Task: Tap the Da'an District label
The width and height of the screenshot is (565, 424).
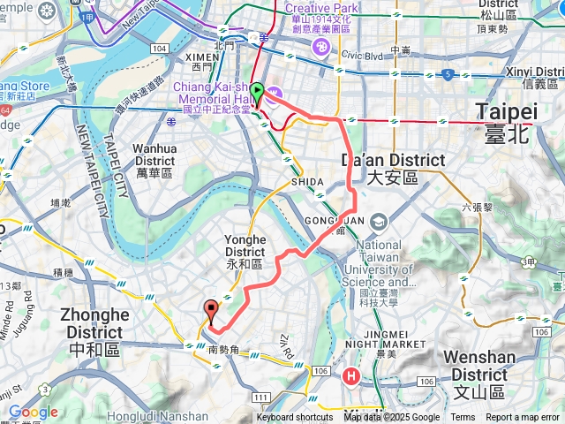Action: [x=378, y=168]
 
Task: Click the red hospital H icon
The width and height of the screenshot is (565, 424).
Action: [x=351, y=376]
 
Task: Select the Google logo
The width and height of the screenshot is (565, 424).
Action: [x=33, y=412]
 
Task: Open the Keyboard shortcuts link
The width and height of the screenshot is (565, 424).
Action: [x=295, y=418]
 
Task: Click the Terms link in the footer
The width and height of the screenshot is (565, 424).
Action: [x=463, y=418]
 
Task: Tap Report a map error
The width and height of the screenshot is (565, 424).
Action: [x=524, y=418]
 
